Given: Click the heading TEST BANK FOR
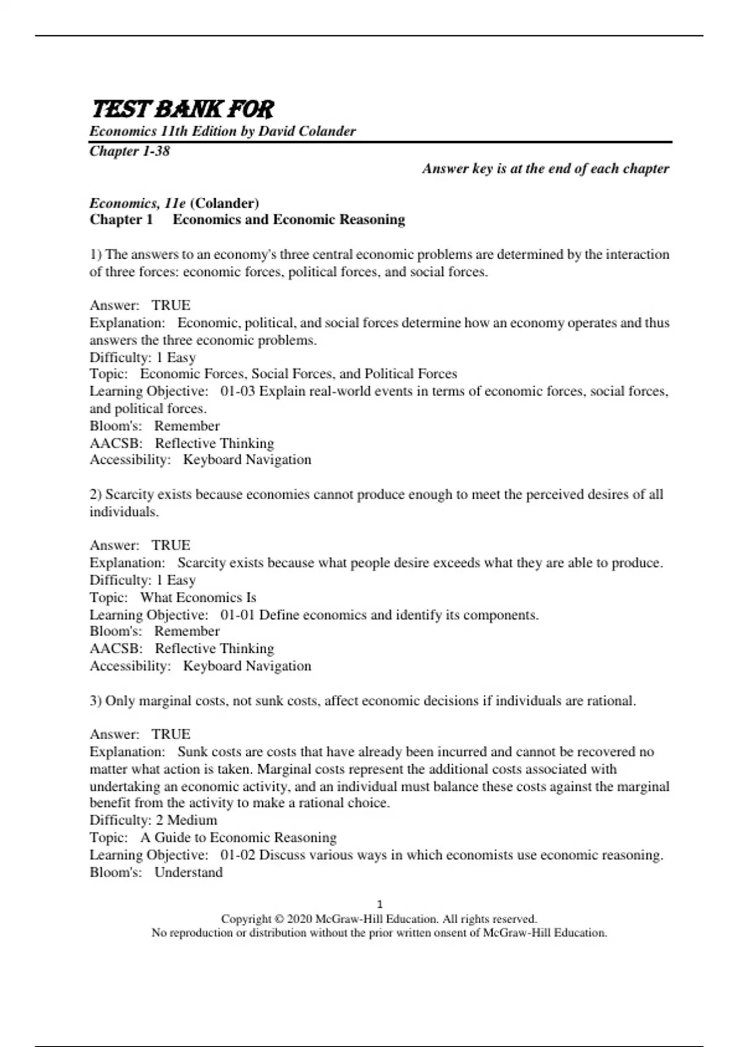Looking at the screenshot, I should point(182,109).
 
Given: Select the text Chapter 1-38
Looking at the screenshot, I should point(129,151).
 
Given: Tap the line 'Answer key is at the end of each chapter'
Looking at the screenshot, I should point(545,169).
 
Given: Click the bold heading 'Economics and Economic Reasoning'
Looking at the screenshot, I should point(289,220).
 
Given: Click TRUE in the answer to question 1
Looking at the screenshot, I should point(171,305).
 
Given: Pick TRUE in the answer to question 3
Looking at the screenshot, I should point(171,734).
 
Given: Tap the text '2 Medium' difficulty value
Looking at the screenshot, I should point(186,820).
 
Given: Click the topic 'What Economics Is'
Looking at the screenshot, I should point(198,597).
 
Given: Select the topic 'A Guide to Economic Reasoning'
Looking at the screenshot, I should point(238,838).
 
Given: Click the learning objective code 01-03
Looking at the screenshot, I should point(237,392).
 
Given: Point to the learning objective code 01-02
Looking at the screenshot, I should point(237,855).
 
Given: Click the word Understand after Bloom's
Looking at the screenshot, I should point(188,872).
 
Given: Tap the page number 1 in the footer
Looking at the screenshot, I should point(379,904).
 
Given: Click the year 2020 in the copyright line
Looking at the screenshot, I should point(299,919).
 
